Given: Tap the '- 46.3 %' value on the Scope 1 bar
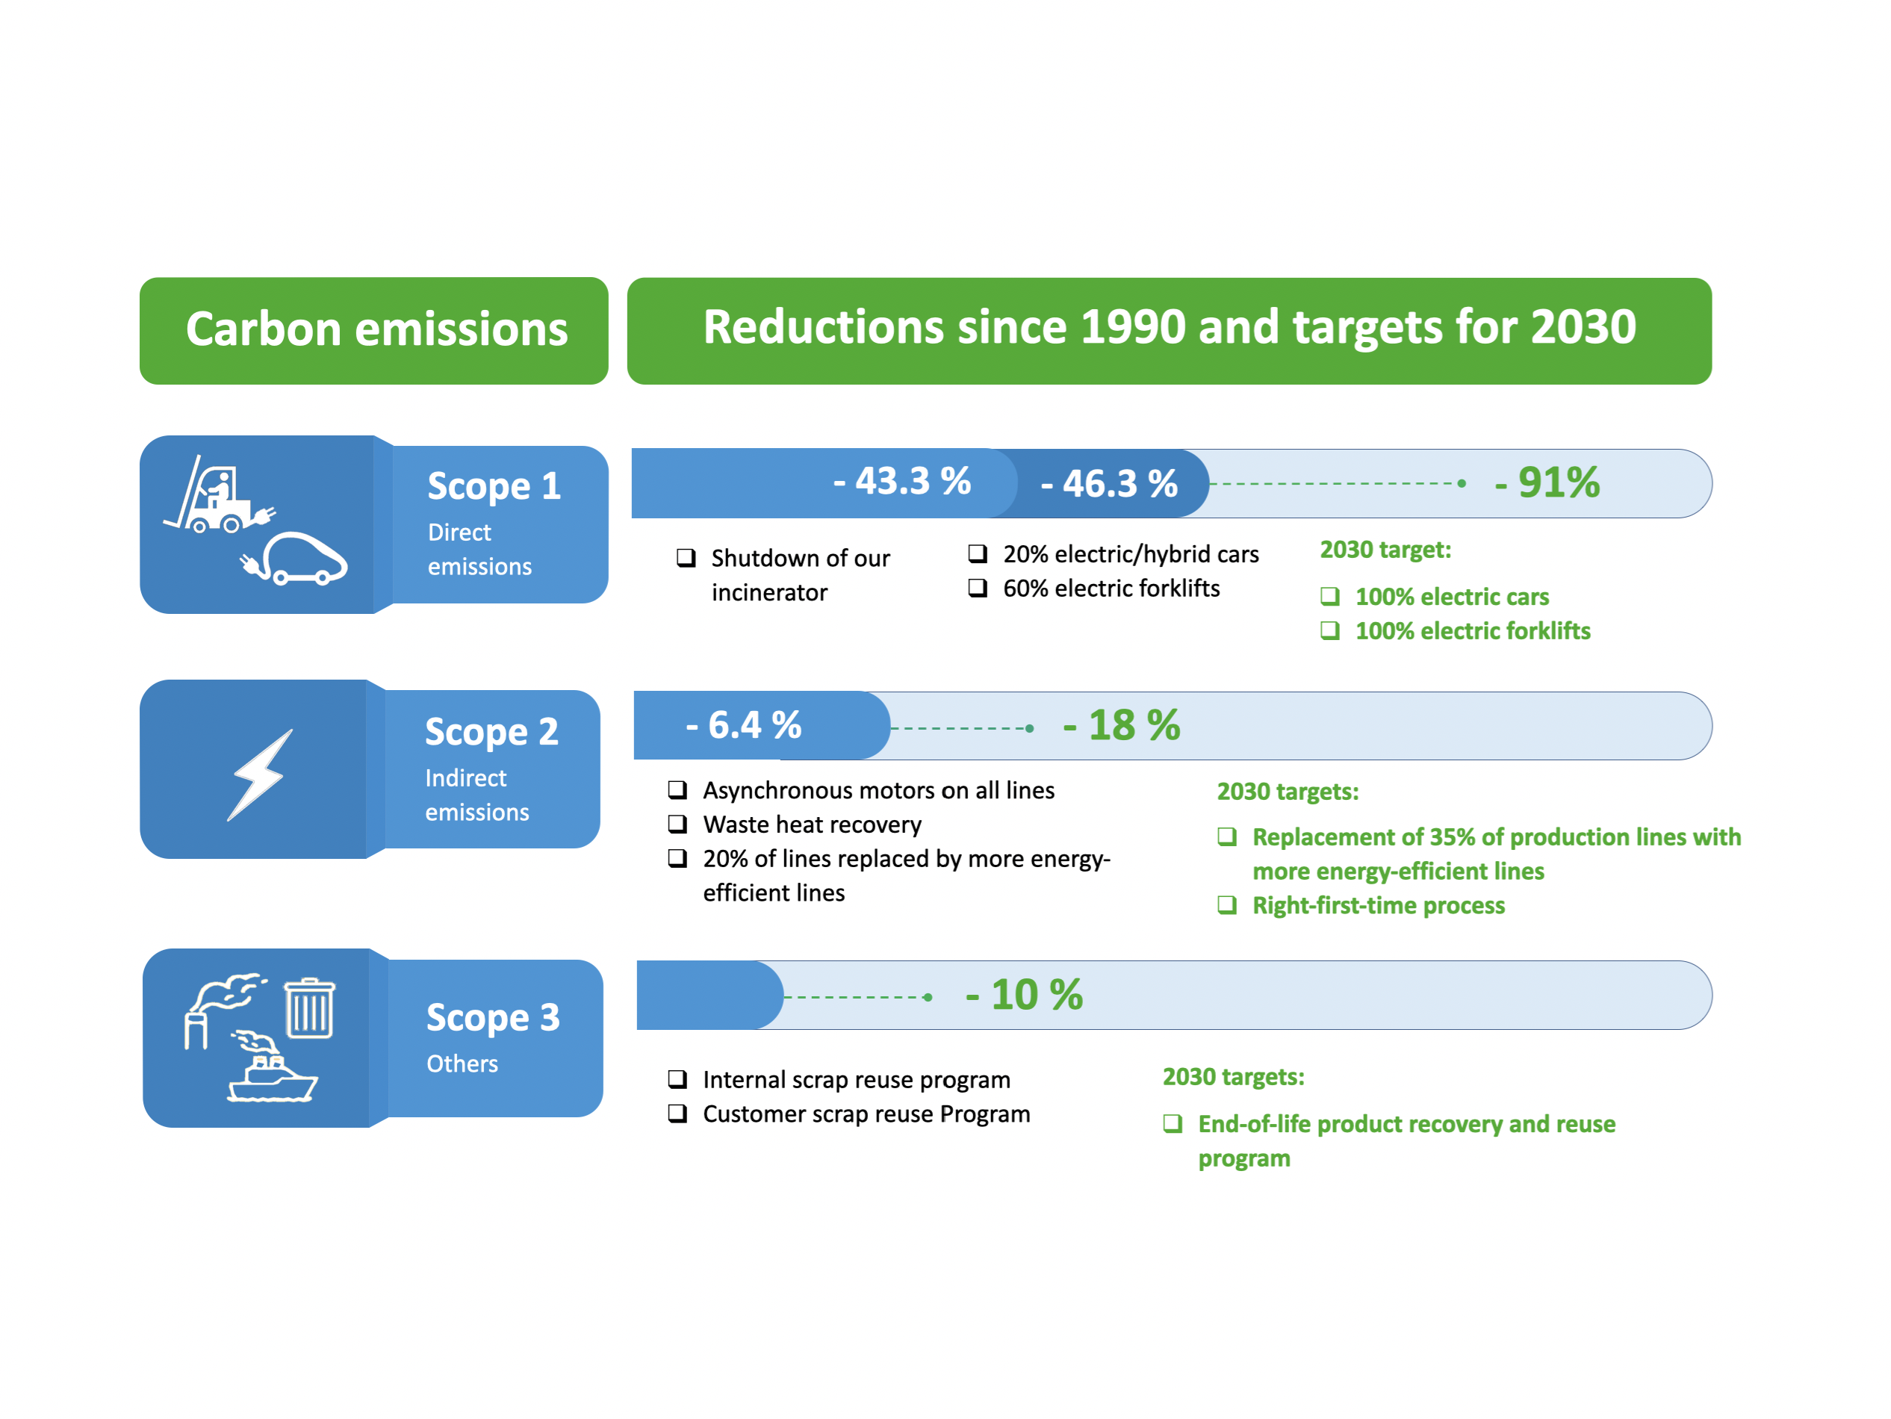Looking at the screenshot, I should coord(1109,484).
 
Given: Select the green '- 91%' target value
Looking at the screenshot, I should coord(1547,483).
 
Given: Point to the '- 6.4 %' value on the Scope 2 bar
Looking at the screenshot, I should coord(744,726).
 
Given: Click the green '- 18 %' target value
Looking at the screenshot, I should coord(1122,726).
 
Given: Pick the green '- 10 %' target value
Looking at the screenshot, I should coord(1024,995).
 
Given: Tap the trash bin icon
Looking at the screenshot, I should coord(309,1009).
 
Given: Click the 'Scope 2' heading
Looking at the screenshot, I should coord(491,732).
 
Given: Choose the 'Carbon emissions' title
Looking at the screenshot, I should coord(376,330).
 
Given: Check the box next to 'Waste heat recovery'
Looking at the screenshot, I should coord(678,824).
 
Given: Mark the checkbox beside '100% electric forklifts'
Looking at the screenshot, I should coord(1329,631).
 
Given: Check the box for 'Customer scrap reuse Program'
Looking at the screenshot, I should coord(678,1114).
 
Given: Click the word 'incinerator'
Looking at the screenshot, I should coord(769,592).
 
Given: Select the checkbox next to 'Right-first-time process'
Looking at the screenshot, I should coord(1227,905).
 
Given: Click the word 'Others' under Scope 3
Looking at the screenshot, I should coord(462,1064).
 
